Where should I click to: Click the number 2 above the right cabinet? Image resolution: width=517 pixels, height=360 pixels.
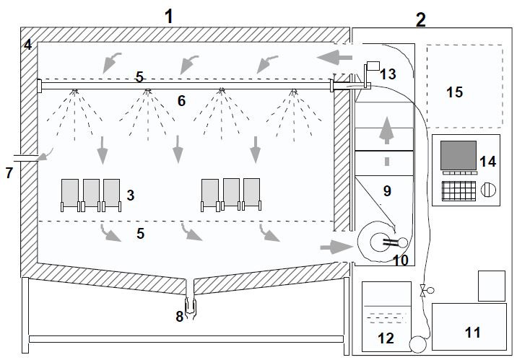pyautogui.click(x=421, y=20)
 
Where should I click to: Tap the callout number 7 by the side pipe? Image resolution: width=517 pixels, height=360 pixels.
pyautogui.click(x=9, y=173)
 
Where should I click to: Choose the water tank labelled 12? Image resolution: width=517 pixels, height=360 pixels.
pyautogui.click(x=386, y=317)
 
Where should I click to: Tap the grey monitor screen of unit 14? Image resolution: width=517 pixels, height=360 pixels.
pyautogui.click(x=459, y=156)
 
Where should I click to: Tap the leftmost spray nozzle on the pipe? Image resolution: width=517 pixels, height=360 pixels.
pyautogui.click(x=74, y=91)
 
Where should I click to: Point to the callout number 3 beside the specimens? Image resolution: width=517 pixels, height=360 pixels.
pyautogui.click(x=130, y=195)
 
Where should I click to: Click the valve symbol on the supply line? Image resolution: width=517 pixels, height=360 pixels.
pyautogui.click(x=423, y=291)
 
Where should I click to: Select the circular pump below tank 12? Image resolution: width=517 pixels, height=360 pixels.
pyautogui.click(x=417, y=343)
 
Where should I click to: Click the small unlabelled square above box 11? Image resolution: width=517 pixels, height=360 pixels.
pyautogui.click(x=492, y=285)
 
